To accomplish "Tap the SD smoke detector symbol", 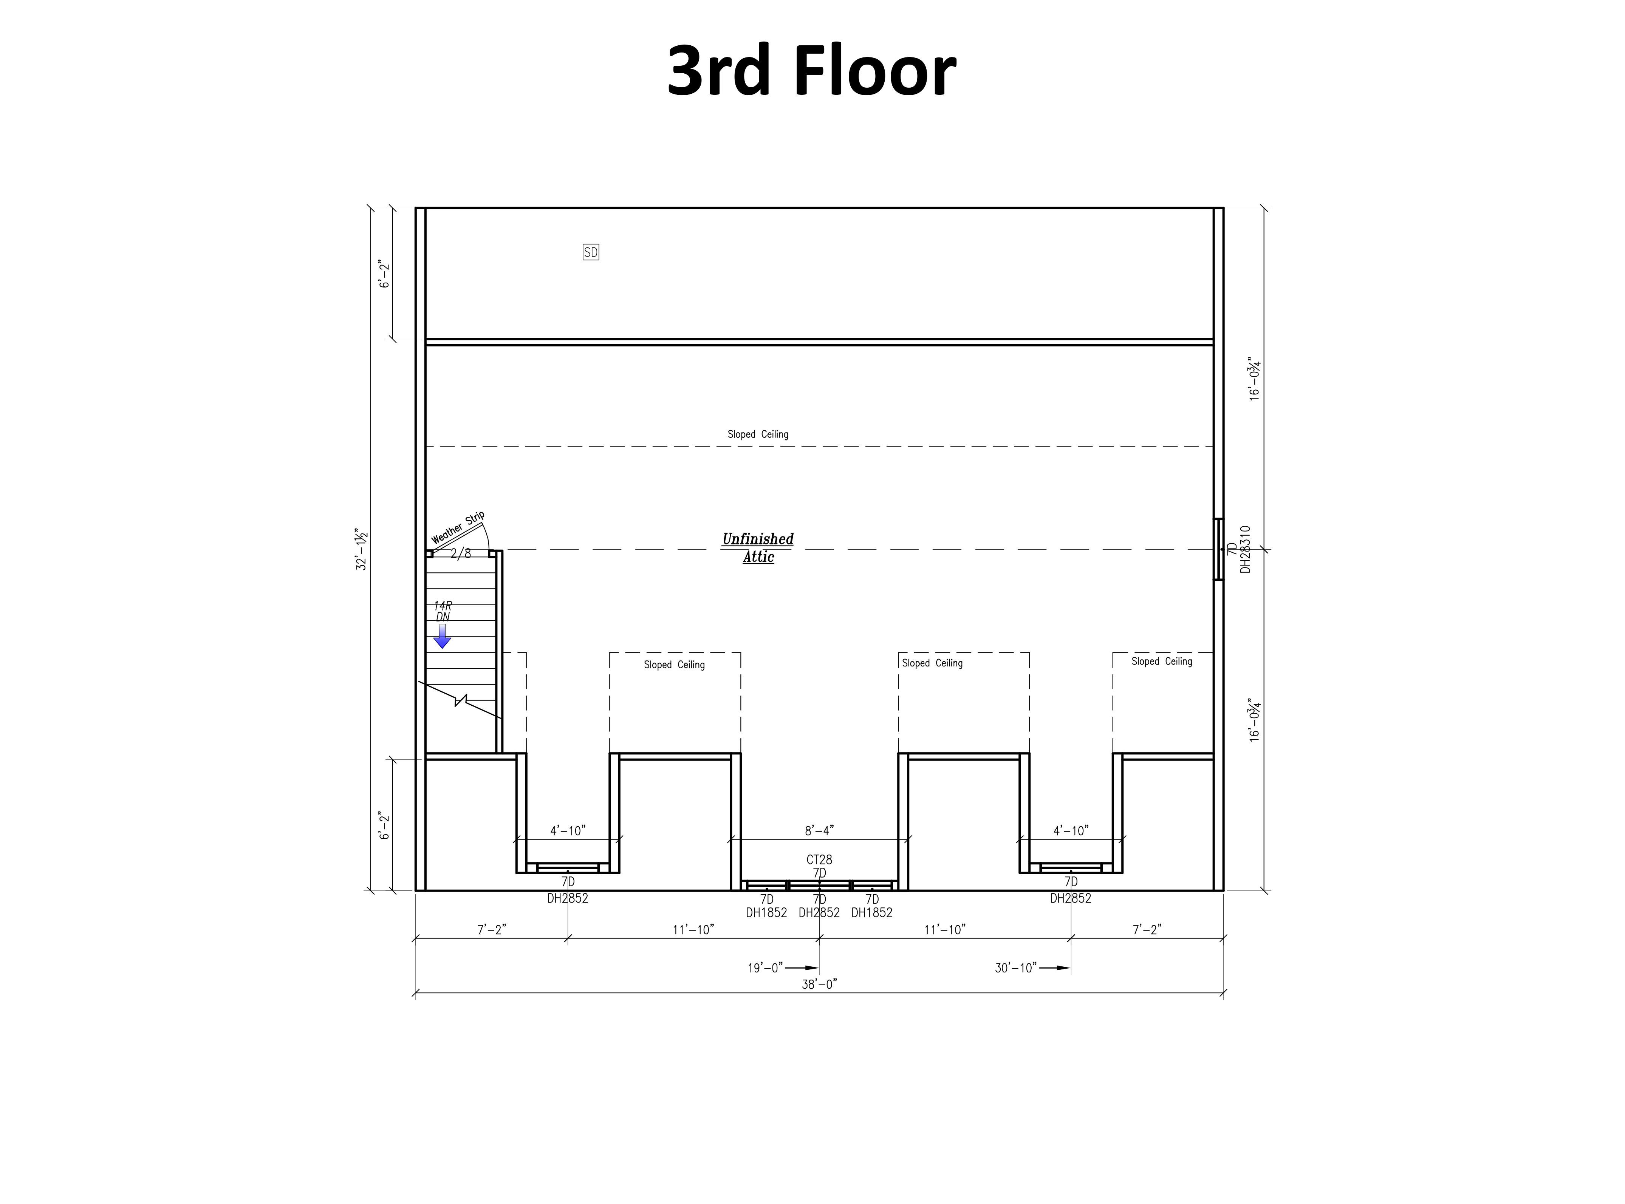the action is (x=591, y=252).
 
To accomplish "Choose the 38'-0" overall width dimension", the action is (x=819, y=984).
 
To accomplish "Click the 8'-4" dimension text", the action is (x=819, y=830).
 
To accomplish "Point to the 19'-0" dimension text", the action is (x=765, y=968).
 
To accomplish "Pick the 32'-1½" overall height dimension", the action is (x=362, y=549).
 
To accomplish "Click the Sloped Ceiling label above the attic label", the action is (x=758, y=434).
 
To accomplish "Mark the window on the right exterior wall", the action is (x=1218, y=549).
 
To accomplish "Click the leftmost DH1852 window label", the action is (x=766, y=912).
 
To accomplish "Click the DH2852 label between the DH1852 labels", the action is (x=819, y=912).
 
